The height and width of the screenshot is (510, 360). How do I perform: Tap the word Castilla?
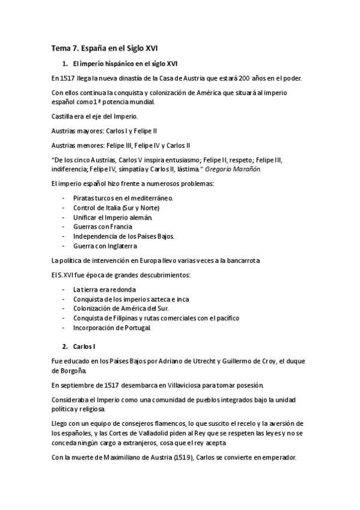click(63, 115)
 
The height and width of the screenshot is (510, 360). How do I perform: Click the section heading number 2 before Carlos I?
click(64, 347)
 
